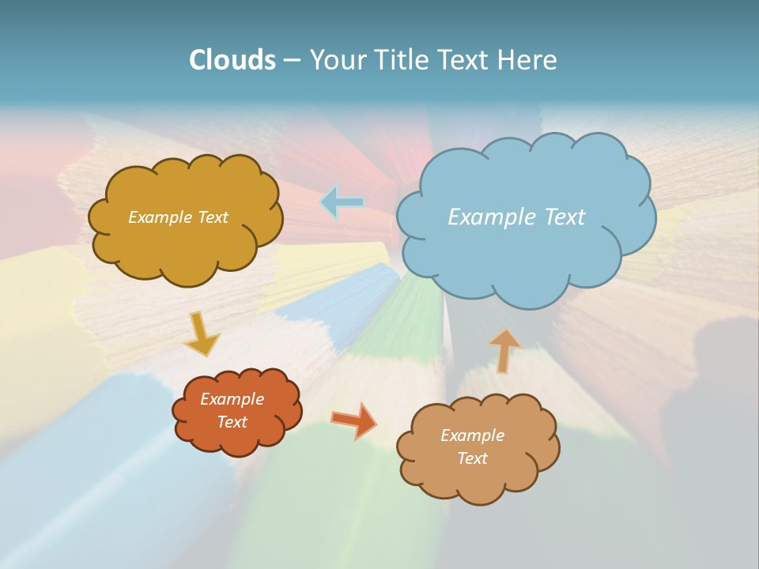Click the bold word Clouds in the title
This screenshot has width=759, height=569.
232,60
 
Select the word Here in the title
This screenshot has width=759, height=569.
531,60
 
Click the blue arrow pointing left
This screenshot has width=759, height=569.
342,203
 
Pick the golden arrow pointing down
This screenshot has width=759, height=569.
202,334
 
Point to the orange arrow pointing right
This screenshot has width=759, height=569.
354,420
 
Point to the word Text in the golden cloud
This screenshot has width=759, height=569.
212,217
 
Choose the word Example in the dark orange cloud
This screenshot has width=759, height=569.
232,399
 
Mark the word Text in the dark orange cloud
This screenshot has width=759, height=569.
232,422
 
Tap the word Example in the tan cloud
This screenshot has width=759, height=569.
472,435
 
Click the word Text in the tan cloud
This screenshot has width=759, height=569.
472,458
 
